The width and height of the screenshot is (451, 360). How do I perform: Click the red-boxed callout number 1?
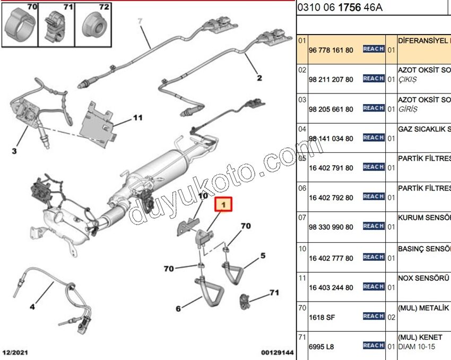tap(223, 204)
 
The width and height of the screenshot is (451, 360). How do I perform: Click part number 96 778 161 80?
tap(331, 50)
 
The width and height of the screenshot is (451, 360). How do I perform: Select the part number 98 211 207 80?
tap(331, 80)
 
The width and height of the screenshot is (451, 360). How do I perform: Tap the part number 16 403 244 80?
tap(331, 288)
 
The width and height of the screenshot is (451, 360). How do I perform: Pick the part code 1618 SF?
tap(319, 318)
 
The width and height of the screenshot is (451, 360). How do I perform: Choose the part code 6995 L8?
tap(319, 347)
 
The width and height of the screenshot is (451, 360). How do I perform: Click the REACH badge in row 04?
tap(373, 138)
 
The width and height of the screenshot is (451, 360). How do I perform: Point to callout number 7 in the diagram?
tap(140, 22)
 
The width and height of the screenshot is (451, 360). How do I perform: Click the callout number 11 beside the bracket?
tap(138, 117)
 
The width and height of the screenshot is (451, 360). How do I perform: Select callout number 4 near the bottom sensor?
tap(32, 306)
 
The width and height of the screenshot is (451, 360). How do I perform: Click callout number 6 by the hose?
tap(178, 308)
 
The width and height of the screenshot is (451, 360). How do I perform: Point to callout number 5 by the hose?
tap(262, 256)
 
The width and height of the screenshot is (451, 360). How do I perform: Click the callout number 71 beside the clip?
tap(274, 293)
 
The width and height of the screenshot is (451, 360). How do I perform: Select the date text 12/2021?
tap(15, 353)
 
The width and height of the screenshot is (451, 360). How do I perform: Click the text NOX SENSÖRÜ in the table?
tap(424, 277)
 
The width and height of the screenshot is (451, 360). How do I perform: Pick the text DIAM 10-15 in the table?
tap(418, 347)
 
